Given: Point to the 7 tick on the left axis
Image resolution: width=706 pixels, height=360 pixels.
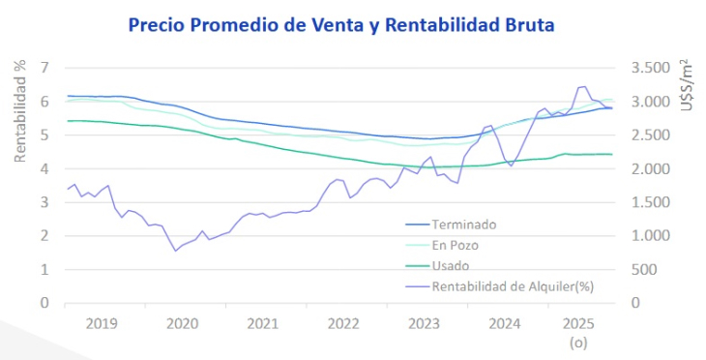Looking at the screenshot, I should tap(44, 68).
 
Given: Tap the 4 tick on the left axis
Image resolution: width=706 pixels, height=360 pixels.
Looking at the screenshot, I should tap(44, 168).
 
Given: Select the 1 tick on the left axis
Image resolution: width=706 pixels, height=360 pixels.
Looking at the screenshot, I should tap(44, 269).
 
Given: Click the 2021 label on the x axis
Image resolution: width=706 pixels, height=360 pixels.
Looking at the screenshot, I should tap(261, 322).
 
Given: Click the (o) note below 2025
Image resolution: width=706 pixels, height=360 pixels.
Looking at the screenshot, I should tap(577, 342).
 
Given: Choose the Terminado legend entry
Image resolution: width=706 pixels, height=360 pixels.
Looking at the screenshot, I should tap(463, 225).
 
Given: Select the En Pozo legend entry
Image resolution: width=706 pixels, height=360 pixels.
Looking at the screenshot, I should tap(457, 245).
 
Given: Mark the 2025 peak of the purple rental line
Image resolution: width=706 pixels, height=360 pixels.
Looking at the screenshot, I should tap(582, 86).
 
